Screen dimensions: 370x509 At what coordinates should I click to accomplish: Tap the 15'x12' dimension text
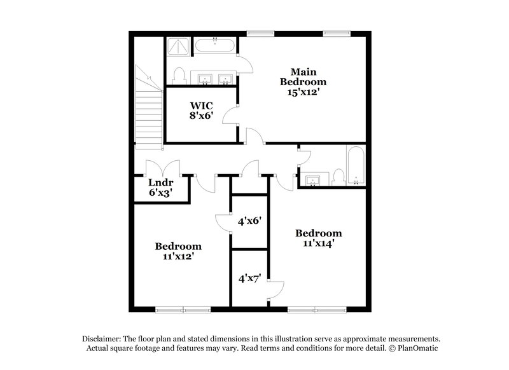[x=303, y=92]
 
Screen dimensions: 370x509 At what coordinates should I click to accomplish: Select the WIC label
[x=200, y=105]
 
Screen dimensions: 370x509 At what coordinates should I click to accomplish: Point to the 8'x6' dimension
[x=200, y=116]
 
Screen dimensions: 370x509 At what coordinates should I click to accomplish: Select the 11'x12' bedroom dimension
[x=178, y=256]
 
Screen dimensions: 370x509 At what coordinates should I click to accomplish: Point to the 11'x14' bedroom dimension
[x=319, y=243]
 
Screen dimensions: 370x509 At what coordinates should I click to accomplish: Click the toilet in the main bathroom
[x=179, y=76]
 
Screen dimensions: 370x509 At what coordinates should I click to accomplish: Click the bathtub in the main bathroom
[x=216, y=46]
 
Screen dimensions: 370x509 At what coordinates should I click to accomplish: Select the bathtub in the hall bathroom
[x=355, y=165]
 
